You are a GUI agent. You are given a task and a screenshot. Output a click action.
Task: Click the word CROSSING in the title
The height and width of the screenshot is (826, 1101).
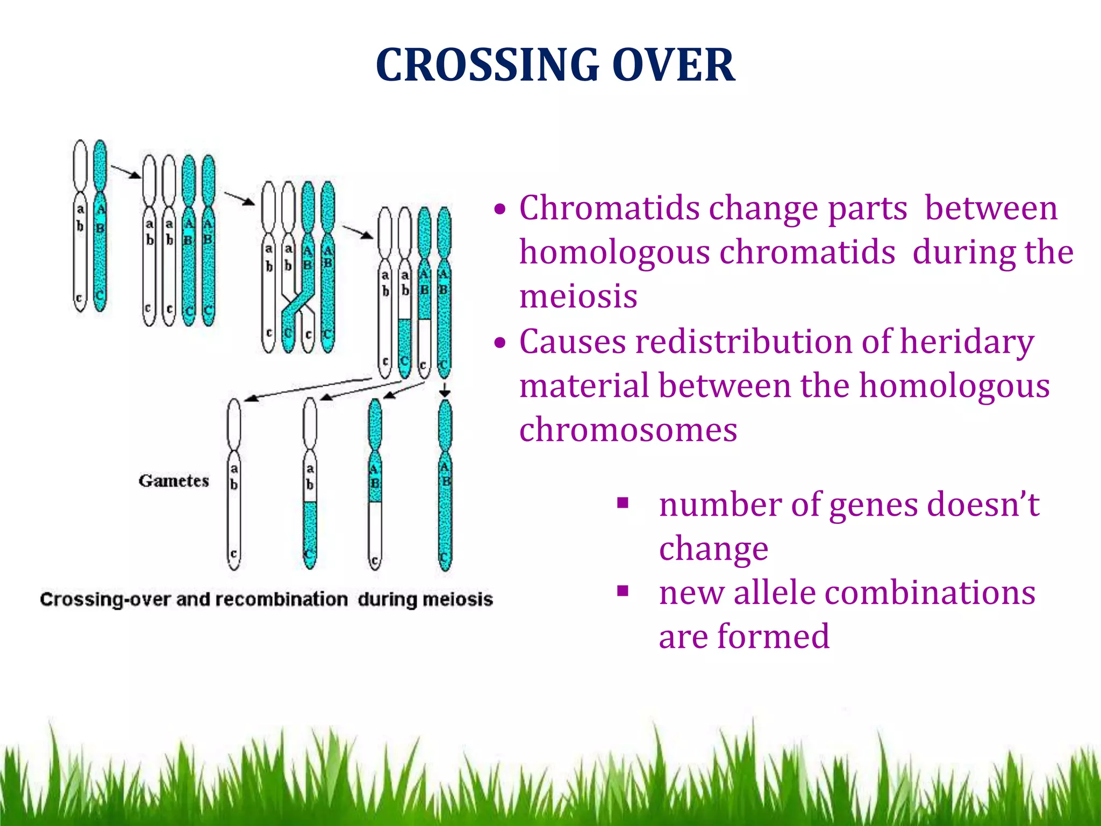tap(487, 65)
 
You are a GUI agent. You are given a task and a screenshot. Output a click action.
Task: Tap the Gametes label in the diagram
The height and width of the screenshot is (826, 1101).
tap(174, 481)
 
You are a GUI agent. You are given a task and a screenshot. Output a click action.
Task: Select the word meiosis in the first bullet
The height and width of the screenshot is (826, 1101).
tap(578, 296)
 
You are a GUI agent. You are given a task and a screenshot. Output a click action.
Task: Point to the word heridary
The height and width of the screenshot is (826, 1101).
tap(967, 342)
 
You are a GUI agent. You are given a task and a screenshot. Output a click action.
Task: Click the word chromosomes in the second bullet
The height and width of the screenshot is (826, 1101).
tap(628, 430)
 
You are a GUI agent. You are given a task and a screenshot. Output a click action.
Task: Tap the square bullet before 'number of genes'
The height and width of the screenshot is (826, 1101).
tap(623, 503)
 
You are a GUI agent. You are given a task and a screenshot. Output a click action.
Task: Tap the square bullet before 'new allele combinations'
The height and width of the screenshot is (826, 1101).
tap(623, 592)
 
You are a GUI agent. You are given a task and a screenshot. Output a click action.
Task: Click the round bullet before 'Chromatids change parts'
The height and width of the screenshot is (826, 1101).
tap(501, 209)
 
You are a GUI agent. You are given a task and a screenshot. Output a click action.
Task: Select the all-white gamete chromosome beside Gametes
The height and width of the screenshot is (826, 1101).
tap(234, 484)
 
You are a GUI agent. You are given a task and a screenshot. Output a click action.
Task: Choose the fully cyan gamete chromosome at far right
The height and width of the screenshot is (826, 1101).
tap(445, 484)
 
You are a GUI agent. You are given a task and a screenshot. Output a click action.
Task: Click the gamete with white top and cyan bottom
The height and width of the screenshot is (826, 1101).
tap(310, 484)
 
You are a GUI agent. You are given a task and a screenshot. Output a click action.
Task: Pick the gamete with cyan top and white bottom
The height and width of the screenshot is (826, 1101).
tap(375, 484)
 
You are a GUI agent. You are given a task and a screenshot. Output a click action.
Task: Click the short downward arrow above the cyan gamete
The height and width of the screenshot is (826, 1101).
tap(445, 390)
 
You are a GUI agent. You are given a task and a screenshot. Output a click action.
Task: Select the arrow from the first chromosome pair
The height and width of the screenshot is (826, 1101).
tap(126, 172)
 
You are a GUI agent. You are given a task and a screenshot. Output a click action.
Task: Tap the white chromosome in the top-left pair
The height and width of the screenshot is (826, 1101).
tap(80, 226)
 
